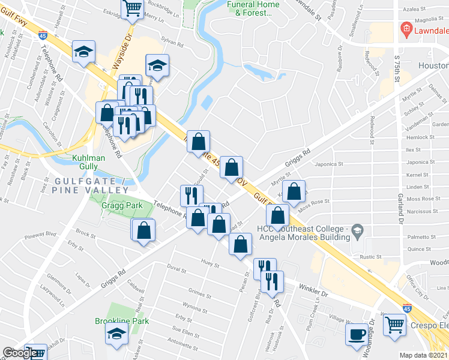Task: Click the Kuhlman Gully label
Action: coord(88,161)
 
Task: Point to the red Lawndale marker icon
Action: coord(406,29)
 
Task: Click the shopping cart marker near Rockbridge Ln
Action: coord(132,8)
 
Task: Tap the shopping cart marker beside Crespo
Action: coord(394,325)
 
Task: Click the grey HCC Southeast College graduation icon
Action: coord(357,230)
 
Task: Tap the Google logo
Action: coord(19,353)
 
